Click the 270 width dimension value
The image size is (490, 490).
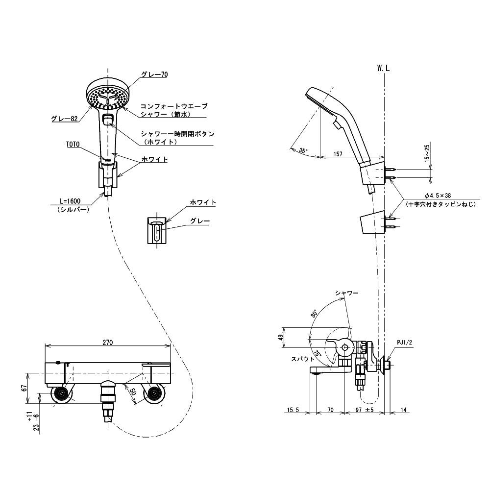click(x=107, y=343)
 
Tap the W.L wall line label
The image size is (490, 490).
click(x=383, y=69)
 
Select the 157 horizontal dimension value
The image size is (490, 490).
click(x=338, y=154)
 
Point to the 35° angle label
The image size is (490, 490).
click(x=303, y=150)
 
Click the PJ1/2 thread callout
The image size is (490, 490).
click(x=405, y=343)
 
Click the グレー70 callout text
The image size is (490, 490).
click(x=154, y=74)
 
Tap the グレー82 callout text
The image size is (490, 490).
click(x=64, y=119)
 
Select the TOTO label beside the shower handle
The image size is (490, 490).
click(x=73, y=144)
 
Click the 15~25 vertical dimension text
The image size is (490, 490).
click(x=427, y=152)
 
